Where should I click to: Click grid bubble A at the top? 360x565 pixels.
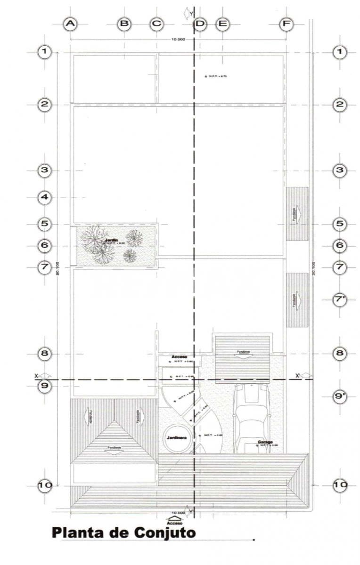[x=70, y=24]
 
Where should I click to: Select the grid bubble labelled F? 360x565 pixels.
[x=286, y=24]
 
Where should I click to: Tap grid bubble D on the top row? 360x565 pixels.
[x=200, y=24]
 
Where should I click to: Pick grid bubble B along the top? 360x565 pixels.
[x=124, y=24]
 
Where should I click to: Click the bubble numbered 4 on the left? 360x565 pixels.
[x=44, y=198]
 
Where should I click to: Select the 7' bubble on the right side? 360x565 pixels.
[x=340, y=299]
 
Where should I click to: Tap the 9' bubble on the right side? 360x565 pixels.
[x=340, y=396]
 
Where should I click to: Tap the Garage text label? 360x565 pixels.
[x=265, y=442]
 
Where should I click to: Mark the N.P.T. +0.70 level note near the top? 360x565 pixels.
[x=217, y=76]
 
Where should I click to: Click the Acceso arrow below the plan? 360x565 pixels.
[x=174, y=520]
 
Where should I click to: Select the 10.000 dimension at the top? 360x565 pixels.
[x=178, y=39]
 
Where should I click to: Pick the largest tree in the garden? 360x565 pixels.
[x=94, y=238]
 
